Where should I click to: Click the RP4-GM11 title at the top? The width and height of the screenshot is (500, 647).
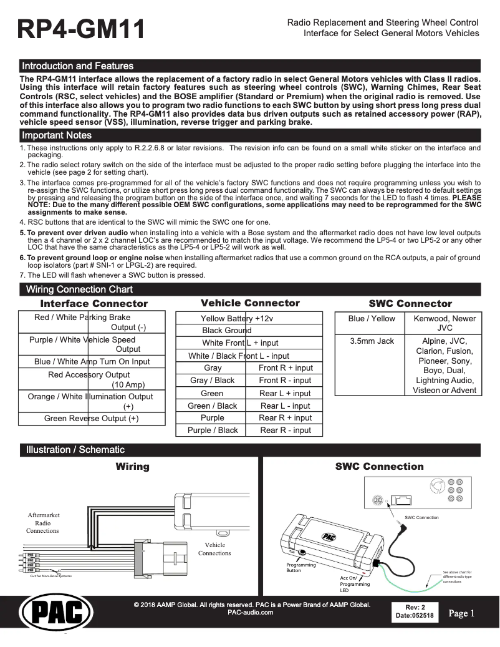pyautogui.click(x=82, y=29)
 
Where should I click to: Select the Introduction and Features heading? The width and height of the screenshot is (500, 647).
pyautogui.click(x=77, y=66)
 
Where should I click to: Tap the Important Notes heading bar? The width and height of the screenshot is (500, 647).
pyautogui.click(x=57, y=135)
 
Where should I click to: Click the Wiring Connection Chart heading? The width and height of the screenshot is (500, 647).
pyautogui.click(x=79, y=289)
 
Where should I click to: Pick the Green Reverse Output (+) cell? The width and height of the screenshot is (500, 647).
pyautogui.click(x=92, y=419)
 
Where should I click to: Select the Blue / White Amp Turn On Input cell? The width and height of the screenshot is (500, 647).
pyautogui.click(x=92, y=362)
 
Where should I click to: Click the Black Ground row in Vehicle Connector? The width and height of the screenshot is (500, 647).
pyautogui.click(x=227, y=331)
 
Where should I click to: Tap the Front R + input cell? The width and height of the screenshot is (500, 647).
pyautogui.click(x=286, y=368)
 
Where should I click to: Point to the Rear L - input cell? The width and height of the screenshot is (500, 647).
pyautogui.click(x=286, y=406)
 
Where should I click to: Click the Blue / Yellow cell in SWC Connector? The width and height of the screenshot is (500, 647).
pyautogui.click(x=372, y=319)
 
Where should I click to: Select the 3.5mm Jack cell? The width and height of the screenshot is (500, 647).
pyautogui.click(x=372, y=341)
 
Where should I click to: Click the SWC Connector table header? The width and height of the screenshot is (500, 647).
pyautogui.click(x=410, y=304)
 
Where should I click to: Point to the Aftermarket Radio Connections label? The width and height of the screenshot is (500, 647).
pyautogui.click(x=43, y=523)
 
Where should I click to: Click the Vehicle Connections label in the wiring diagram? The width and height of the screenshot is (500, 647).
pyautogui.click(x=214, y=549)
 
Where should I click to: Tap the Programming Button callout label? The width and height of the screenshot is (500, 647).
pyautogui.click(x=300, y=568)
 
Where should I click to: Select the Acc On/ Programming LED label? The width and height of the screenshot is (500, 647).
pyautogui.click(x=355, y=584)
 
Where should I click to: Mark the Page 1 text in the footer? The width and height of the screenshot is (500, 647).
pyautogui.click(x=461, y=614)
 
